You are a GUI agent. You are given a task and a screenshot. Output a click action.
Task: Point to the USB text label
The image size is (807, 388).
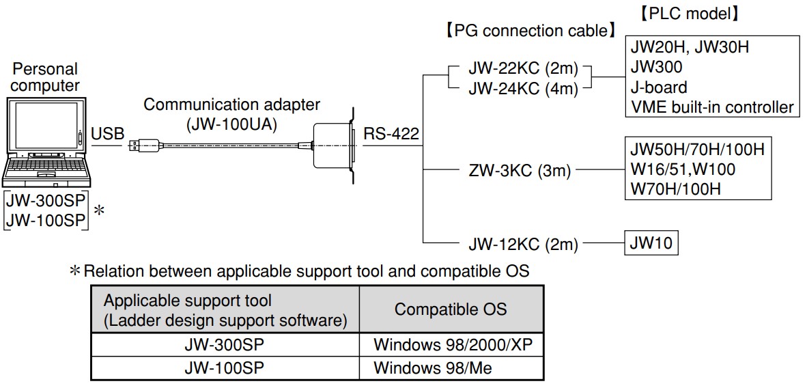pos(108,134)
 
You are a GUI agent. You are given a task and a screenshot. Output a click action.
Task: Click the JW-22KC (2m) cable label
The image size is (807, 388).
pos(523,70)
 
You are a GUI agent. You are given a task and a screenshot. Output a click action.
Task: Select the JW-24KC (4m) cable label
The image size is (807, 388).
pos(523,89)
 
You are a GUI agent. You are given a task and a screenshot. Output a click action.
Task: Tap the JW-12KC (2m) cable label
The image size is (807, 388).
pos(523,244)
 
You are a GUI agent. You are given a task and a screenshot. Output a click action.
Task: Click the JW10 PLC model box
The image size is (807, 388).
pos(651,243)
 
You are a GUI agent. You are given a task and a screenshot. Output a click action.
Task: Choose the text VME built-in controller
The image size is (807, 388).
pos(712,107)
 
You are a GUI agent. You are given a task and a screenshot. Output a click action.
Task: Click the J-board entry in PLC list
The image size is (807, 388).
pos(659,87)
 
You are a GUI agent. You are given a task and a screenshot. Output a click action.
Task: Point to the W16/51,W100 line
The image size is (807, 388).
pos(683,169)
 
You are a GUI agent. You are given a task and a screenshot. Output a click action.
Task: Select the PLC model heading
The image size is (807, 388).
pos(689,13)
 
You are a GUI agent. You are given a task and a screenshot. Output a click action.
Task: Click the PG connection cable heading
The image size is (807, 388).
pos(529,31)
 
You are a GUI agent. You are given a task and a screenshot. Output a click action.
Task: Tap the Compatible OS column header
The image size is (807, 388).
pos(451,309)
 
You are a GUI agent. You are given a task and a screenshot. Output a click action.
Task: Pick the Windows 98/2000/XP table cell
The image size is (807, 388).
pos(451,344)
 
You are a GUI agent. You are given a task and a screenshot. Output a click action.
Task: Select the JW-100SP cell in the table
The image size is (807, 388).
pos(225,368)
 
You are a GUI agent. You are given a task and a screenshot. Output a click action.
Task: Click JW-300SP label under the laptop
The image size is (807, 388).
pos(46,203)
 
